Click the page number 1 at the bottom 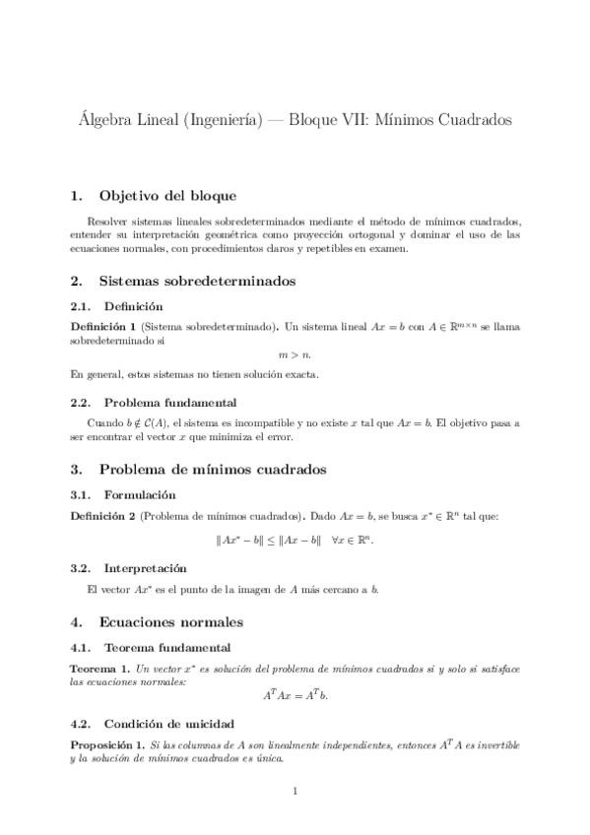pyautogui.click(x=295, y=791)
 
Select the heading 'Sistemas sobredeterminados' pyautogui.click(x=197, y=281)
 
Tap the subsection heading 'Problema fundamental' pyautogui.click(x=169, y=402)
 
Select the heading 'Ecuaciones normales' pyautogui.click(x=171, y=622)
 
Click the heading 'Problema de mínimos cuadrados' pyautogui.click(x=213, y=470)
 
